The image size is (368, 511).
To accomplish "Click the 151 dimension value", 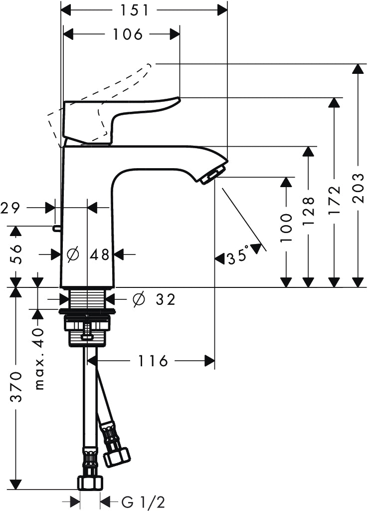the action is (x=135, y=10).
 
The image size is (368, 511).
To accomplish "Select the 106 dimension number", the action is (x=128, y=34).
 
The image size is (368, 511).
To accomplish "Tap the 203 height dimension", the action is (x=358, y=189).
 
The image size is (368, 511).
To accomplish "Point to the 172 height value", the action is (x=334, y=200).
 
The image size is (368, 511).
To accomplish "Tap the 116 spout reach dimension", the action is (x=153, y=361).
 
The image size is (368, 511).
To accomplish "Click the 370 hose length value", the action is (x=16, y=387).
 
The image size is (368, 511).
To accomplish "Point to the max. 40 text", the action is (x=39, y=359).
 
